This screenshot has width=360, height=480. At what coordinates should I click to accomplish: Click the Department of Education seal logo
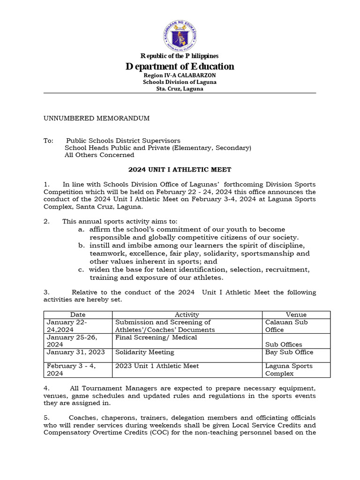[x=180, y=36]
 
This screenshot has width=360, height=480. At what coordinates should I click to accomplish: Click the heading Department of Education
[x=180, y=67]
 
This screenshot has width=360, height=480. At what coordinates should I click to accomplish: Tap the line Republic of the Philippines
[x=180, y=56]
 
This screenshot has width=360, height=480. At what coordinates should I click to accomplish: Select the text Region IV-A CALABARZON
[x=180, y=75]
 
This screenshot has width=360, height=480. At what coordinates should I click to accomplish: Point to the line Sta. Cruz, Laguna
[x=180, y=89]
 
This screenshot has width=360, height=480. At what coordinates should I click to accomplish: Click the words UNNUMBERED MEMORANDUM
[x=97, y=118]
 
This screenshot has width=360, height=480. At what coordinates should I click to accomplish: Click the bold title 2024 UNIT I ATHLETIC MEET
[x=180, y=170]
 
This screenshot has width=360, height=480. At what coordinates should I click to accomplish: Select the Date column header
[x=78, y=315]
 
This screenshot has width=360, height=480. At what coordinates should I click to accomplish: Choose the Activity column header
[x=187, y=315]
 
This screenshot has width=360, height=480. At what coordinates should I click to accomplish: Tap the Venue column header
[x=296, y=315]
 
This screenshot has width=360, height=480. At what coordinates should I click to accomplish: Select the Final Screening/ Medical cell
[x=156, y=337]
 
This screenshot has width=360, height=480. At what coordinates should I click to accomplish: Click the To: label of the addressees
[x=49, y=141]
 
